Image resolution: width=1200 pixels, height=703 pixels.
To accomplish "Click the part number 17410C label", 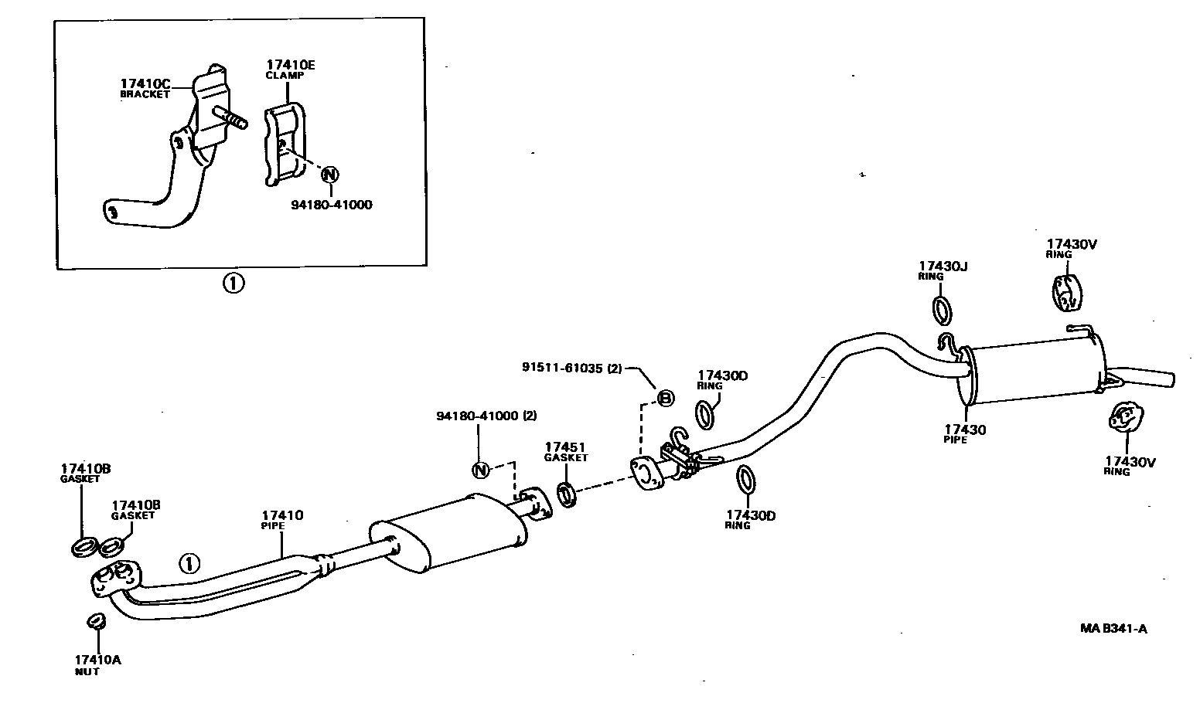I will (145, 83).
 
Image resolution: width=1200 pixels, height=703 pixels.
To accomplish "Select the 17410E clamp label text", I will (290, 66).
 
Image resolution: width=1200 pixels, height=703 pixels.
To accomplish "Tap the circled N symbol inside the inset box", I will (329, 174).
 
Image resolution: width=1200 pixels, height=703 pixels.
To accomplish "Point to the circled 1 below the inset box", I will (234, 284).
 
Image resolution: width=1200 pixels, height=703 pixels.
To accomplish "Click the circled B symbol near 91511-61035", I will (665, 398).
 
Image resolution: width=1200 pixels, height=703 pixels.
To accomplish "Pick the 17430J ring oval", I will (943, 310).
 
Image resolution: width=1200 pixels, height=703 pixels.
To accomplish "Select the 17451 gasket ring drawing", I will (567, 494).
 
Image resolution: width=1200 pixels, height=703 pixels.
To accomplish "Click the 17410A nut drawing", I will (95, 621).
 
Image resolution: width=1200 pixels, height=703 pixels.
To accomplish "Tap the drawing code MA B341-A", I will (1113, 628).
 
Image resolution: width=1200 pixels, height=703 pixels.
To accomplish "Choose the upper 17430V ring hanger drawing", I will (1065, 293).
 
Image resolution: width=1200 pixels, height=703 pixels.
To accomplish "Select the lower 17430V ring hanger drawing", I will (1122, 418).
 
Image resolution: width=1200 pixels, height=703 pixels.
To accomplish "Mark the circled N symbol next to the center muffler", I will (480, 469).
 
